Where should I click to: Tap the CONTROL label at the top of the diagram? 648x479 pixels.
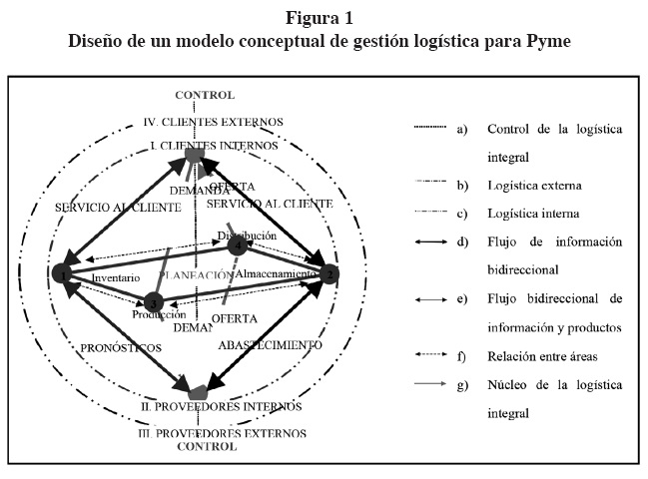pos(205,95)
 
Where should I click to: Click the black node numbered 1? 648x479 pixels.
pos(64,272)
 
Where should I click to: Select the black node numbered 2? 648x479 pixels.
pos(330,272)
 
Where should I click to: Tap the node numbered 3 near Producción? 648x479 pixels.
pos(153,301)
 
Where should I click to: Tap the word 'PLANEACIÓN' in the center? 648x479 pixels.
pos(192,274)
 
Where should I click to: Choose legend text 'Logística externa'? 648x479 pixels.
pos(529,185)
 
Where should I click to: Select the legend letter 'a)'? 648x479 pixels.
pos(461,129)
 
